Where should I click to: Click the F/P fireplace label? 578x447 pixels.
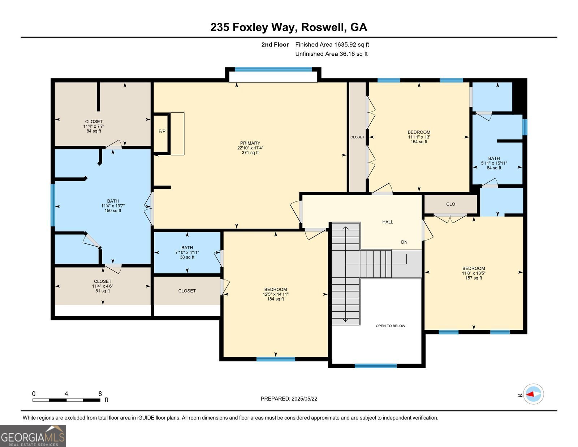point(162,131)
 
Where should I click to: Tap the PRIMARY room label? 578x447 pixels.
point(250,143)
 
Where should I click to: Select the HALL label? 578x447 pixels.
point(388,222)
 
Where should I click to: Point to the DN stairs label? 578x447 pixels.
point(404,242)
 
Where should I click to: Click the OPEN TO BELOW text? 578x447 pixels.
point(390,326)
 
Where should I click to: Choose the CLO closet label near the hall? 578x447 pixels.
point(450,204)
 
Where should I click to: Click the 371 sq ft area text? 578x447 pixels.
point(250,153)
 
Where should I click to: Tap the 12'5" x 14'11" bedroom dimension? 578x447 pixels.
point(276,294)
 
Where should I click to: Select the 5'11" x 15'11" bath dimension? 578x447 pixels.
point(494,163)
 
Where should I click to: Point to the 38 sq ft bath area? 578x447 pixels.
point(187,257)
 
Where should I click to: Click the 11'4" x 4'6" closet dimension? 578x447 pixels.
point(103,286)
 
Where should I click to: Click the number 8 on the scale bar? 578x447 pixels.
point(100,394)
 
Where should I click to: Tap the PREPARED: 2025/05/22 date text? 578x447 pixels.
point(289,399)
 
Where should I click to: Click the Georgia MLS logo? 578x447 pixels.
point(33,436)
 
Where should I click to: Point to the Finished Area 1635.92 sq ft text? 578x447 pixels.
point(332,45)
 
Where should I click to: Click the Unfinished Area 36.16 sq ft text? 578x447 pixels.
point(331,54)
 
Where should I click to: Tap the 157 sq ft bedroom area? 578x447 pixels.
point(474,278)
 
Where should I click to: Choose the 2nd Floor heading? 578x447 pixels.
point(275,45)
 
